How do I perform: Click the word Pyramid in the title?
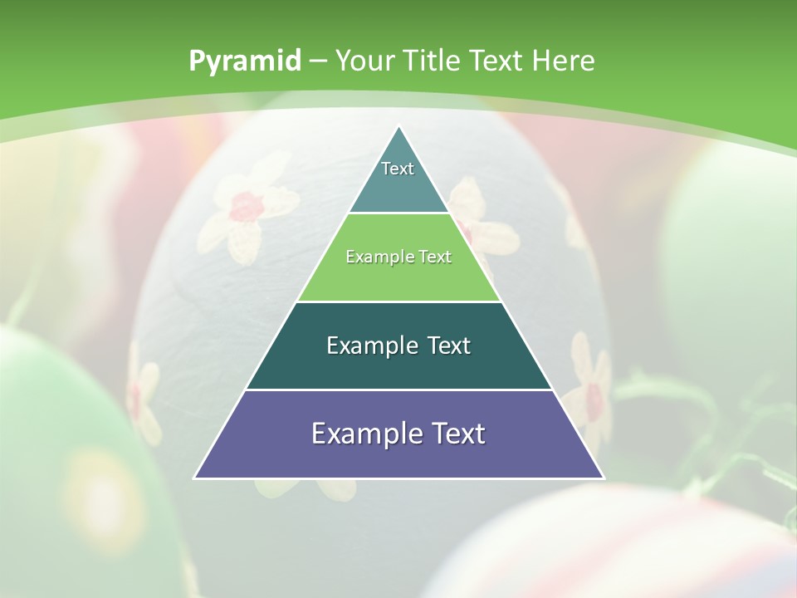tap(244, 61)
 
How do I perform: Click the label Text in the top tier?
tap(398, 169)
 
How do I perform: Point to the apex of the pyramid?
tap(398, 127)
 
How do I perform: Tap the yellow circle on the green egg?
tap(104, 490)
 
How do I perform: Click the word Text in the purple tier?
tap(457, 434)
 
